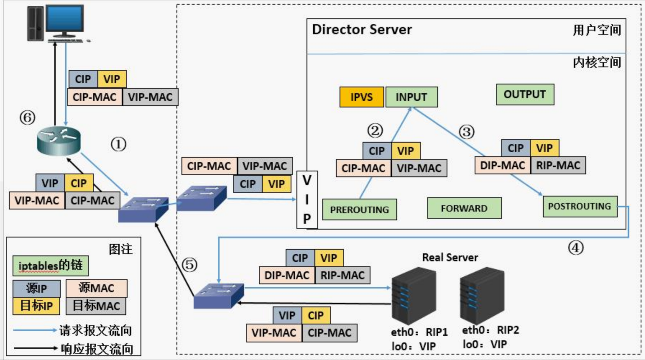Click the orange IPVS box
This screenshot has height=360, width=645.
click(x=361, y=97)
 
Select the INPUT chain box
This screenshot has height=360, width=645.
click(x=411, y=97)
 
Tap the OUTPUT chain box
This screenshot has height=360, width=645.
click(x=525, y=94)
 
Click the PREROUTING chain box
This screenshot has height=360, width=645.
click(x=360, y=209)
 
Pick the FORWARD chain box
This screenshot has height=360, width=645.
click(x=464, y=208)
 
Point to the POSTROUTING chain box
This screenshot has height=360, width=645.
click(x=580, y=206)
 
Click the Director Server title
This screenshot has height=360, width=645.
click(x=362, y=29)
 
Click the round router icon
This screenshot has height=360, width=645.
click(x=59, y=141)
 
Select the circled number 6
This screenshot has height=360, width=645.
click(x=27, y=117)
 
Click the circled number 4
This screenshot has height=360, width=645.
click(x=576, y=248)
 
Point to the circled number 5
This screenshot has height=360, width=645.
click(x=189, y=265)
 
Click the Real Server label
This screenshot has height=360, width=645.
click(x=450, y=257)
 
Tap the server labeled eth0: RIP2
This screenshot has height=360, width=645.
click(x=482, y=295)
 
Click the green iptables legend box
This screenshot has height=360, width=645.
click(x=51, y=266)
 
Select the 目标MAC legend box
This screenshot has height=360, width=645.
click(x=96, y=306)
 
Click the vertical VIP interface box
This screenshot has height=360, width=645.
click(x=307, y=200)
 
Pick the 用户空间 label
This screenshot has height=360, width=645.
click(x=597, y=30)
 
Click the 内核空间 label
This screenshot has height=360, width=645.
click(x=597, y=63)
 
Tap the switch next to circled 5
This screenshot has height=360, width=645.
click(x=219, y=296)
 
